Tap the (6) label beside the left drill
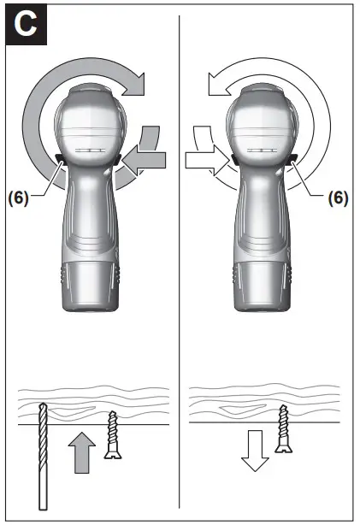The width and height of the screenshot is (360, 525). tap(18, 198)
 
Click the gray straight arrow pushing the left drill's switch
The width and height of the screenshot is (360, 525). tap(142, 158)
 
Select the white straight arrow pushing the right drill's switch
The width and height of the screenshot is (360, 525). tap(206, 158)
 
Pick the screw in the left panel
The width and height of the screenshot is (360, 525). tap(111, 436)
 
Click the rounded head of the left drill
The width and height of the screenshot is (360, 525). tap(89, 120)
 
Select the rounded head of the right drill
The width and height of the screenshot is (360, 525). tap(261, 120)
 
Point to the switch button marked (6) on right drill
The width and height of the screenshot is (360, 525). tap(292, 159)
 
